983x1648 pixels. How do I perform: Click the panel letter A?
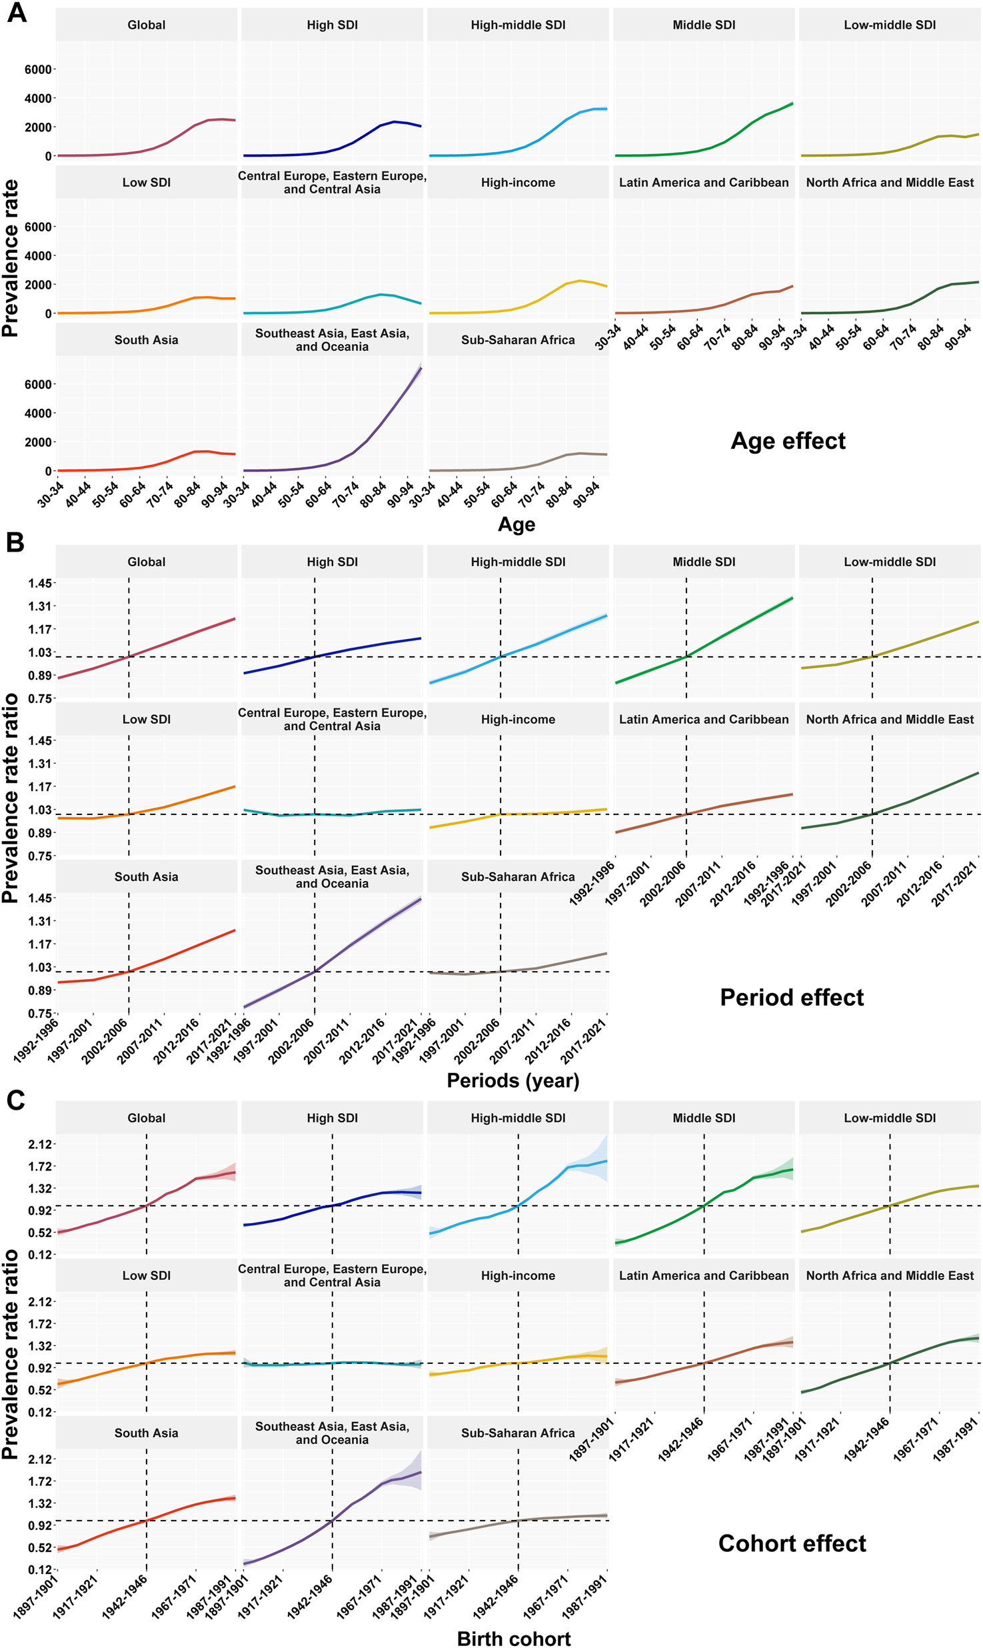click(x=17, y=13)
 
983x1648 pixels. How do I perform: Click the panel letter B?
click(x=15, y=542)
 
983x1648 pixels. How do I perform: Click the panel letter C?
click(x=15, y=1100)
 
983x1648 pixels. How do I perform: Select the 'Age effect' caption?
click(x=788, y=441)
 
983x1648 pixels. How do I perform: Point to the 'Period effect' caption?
click(x=791, y=997)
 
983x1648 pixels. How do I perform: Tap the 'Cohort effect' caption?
click(x=792, y=1543)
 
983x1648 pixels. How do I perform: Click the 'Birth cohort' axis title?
click(x=513, y=1633)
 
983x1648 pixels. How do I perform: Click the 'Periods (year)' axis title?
click(x=512, y=1080)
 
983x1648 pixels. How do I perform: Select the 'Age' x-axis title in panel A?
click(x=516, y=524)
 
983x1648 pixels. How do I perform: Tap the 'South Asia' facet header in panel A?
click(x=146, y=339)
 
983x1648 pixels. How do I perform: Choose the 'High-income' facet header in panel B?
click(x=518, y=719)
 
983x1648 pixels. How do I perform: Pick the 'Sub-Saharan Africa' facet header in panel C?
click(x=518, y=1433)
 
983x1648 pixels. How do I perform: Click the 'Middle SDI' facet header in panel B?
click(x=704, y=562)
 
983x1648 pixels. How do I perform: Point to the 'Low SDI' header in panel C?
click(x=146, y=1275)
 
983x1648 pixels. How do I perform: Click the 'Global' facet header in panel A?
click(x=146, y=25)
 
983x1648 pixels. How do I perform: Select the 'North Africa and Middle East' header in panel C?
click(x=890, y=1275)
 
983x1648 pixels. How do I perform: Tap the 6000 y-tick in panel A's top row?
click(x=38, y=69)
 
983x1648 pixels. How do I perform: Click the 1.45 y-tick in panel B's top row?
click(x=39, y=583)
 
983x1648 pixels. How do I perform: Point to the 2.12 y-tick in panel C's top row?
click(x=39, y=1144)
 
